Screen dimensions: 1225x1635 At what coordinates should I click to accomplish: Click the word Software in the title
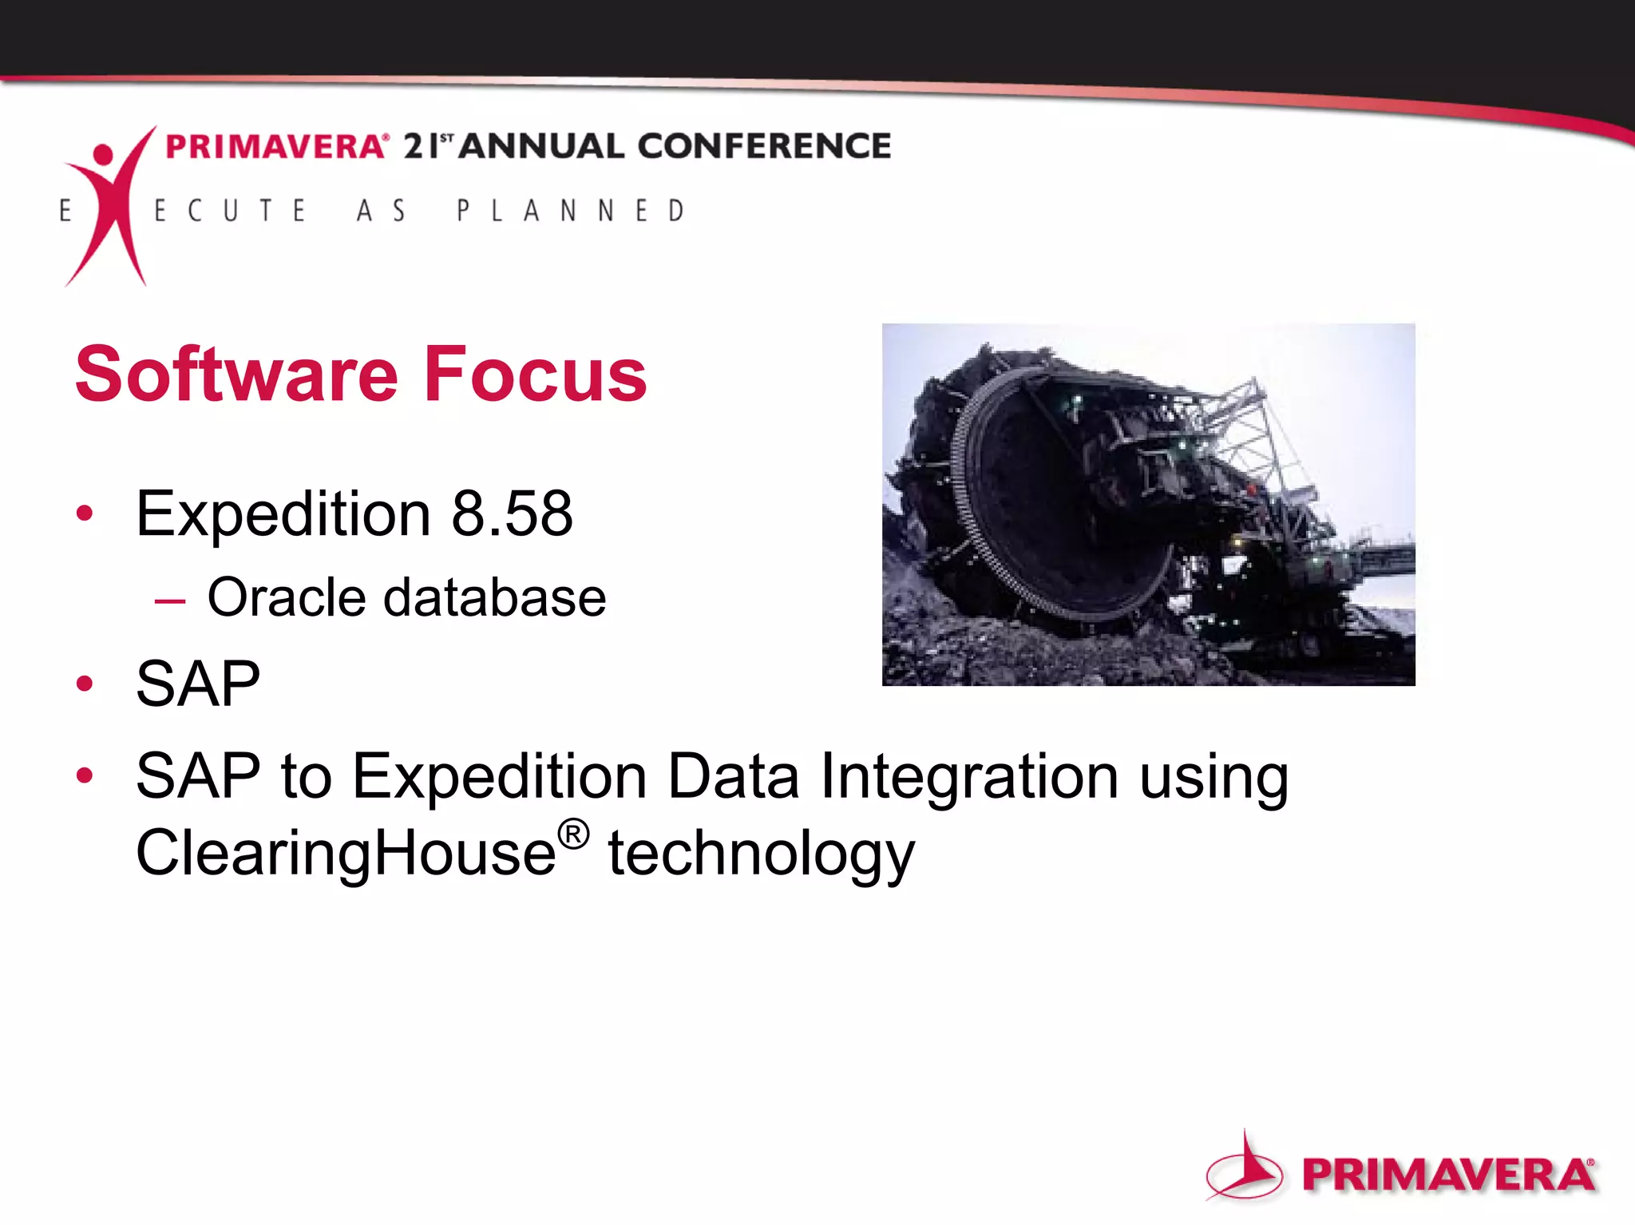[236, 375]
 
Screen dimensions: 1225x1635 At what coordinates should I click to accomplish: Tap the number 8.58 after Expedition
[512, 514]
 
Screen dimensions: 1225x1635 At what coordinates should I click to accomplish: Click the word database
[495, 598]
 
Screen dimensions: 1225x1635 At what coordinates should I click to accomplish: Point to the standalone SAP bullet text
[198, 684]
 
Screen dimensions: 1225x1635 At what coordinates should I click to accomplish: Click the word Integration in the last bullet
[969, 776]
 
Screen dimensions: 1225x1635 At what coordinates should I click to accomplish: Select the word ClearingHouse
[346, 853]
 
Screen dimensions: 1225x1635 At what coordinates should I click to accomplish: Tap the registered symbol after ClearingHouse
[573, 835]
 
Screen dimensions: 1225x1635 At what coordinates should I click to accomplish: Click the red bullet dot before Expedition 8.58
[85, 513]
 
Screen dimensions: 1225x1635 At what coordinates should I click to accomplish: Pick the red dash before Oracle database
[170, 601]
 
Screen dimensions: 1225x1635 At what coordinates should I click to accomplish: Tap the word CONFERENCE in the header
[764, 147]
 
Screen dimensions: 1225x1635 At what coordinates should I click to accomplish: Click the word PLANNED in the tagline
[570, 211]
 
